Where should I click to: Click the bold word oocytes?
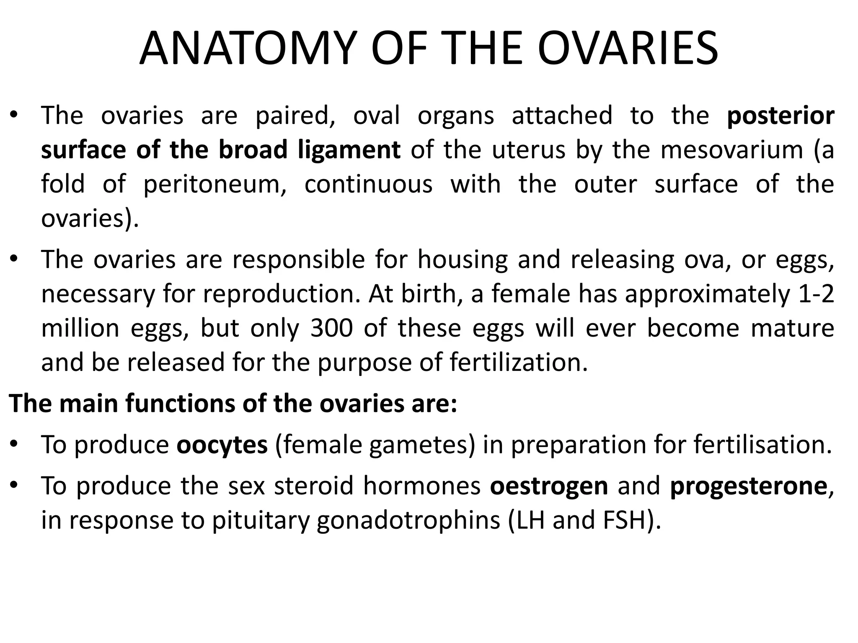point(222,445)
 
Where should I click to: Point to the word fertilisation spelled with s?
point(762,445)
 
